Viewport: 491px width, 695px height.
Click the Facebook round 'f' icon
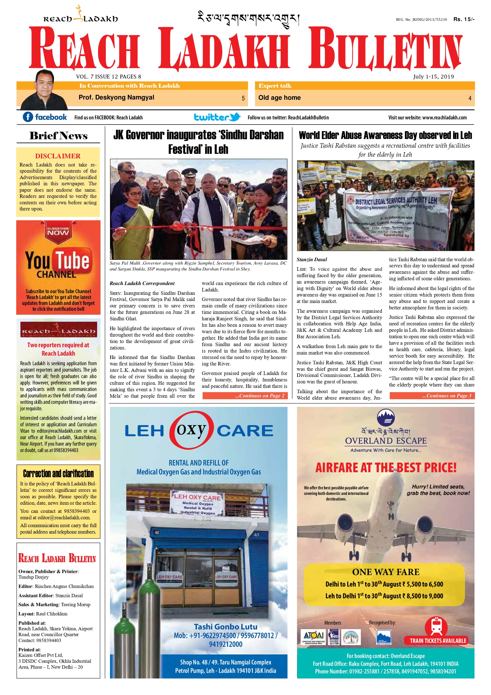pos(28,117)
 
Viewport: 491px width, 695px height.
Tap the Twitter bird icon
pos(235,117)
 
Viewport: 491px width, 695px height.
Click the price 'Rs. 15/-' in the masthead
pos(464,19)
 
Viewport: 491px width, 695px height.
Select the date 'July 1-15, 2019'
pos(433,77)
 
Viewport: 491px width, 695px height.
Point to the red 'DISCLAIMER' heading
pos(58,156)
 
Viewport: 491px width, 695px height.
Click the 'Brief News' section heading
pos(58,136)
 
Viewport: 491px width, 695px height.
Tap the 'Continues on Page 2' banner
pos(245,396)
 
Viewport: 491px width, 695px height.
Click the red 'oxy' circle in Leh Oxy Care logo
pos(191,430)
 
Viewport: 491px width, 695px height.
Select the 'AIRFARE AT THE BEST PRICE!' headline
pos(385,468)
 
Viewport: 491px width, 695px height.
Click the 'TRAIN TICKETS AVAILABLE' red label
pos(438,641)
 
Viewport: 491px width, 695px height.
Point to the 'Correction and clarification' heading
pos(58,474)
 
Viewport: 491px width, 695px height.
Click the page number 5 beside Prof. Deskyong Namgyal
pos(243,98)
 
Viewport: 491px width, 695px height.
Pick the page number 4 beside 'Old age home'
pos(469,98)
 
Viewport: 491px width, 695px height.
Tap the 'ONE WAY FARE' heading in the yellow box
pos(385,572)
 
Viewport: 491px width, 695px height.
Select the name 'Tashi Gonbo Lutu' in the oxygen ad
pos(226,627)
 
